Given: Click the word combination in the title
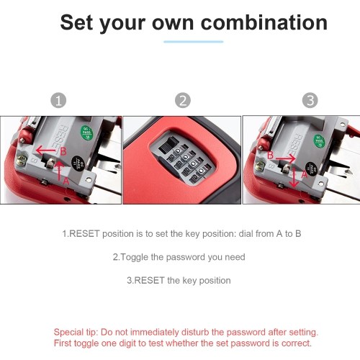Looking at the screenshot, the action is (264, 22).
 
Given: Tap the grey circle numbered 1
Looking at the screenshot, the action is (58, 100).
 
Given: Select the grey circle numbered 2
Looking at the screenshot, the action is (183, 100).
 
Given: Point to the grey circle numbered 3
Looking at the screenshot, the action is (310, 100).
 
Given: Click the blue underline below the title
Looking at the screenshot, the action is (194, 42).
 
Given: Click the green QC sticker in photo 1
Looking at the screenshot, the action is (86, 132).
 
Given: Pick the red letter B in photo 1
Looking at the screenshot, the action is (63, 151).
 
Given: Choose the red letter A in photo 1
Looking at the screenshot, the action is (66, 181).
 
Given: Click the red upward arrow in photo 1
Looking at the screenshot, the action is (59, 171).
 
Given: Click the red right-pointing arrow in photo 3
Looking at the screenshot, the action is (286, 158).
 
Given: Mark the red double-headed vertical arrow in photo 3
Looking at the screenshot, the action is (293, 177).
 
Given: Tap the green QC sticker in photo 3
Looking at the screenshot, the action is (320, 141).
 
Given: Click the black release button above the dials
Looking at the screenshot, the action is (167, 144).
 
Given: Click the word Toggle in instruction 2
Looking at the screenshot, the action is (134, 257).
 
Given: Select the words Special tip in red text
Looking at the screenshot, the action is (75, 333).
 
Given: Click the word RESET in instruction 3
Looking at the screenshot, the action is (149, 280).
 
